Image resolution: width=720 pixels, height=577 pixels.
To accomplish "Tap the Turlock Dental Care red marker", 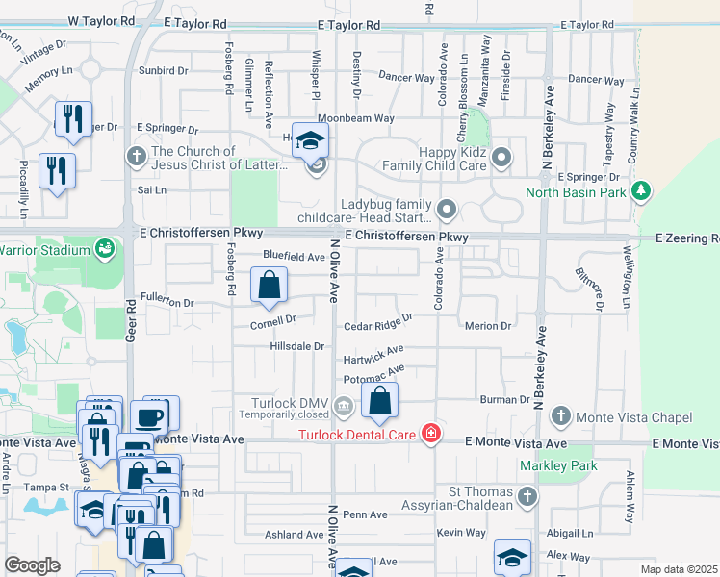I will (x=431, y=435).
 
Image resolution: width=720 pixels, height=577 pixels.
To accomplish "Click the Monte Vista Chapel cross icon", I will (x=560, y=416).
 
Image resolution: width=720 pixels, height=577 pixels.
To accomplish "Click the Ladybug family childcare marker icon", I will (x=446, y=209).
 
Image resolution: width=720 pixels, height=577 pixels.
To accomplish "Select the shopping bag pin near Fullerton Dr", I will (x=270, y=285).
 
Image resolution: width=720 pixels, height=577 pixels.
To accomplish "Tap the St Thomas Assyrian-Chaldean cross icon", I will (x=526, y=496).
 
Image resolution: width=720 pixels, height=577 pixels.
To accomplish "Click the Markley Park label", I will (x=558, y=466).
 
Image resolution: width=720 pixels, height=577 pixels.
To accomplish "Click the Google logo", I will (x=32, y=565).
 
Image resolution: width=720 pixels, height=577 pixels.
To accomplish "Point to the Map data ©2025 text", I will (x=679, y=569).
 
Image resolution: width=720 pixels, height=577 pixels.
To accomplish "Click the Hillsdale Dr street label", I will (x=298, y=345).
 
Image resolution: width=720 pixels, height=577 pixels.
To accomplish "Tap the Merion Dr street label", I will (x=487, y=326).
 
